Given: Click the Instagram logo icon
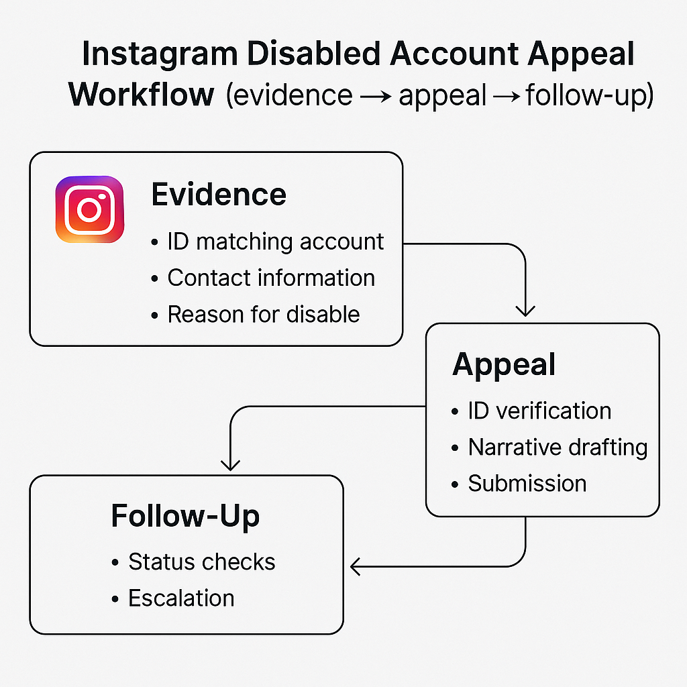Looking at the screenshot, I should pos(90,209).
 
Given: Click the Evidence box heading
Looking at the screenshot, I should pos(219,195).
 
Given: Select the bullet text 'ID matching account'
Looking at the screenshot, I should pos(275,242).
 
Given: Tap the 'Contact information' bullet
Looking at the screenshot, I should pos(270,278).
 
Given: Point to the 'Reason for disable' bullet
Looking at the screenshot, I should pos(263,314).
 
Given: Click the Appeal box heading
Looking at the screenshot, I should pos(504,364).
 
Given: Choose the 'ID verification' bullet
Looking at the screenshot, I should pos(539,411).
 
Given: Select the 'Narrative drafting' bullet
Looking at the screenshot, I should pos(557,447).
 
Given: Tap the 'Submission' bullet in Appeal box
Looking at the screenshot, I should pos(527,483).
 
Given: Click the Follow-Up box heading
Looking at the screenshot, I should pos(185,516).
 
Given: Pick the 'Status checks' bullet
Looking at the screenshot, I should pos(201,562).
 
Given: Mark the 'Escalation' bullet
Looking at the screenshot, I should pos(181,598).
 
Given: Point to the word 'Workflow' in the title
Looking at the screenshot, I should pos(141,95).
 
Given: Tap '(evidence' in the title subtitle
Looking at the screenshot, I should pos(289,95).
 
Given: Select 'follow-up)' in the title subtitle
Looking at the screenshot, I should pos(589,95).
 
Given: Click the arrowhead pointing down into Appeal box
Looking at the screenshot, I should pos(525,310).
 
